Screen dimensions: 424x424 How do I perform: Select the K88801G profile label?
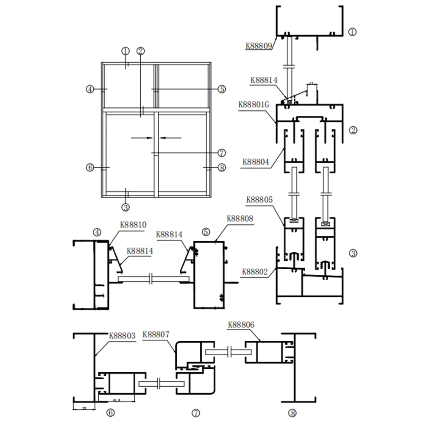(x=254, y=104)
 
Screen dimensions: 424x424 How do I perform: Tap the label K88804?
(x=256, y=162)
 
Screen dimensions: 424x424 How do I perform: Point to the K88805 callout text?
(x=259, y=199)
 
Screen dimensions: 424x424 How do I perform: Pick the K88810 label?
(x=133, y=225)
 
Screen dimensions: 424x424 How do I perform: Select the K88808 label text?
(x=240, y=219)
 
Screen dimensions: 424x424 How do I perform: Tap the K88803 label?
(x=123, y=335)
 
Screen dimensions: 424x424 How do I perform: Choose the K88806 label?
(x=241, y=325)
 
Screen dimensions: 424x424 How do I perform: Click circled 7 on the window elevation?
(x=221, y=153)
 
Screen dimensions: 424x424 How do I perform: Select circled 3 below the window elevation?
(x=126, y=207)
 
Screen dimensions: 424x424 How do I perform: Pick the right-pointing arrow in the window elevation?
(x=142, y=137)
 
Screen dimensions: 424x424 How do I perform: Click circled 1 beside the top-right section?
(x=352, y=31)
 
